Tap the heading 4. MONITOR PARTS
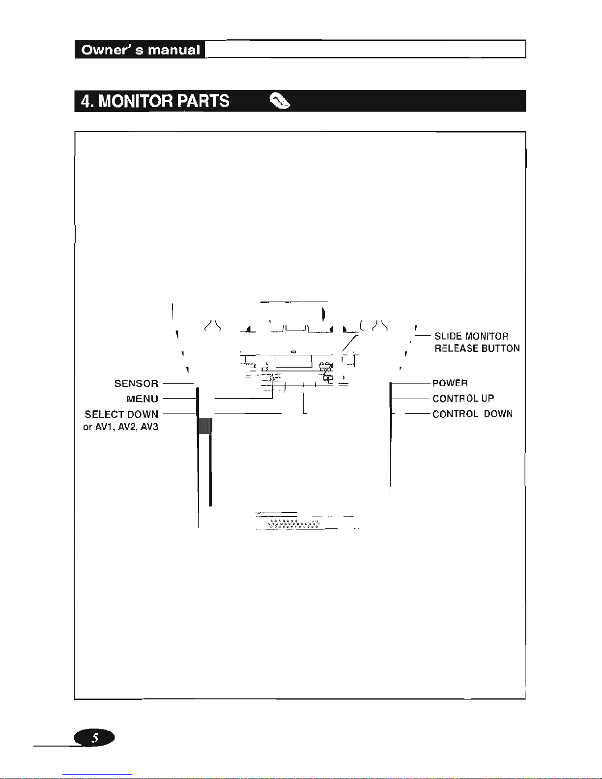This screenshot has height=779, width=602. pyautogui.click(x=155, y=101)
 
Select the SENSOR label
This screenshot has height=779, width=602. pyautogui.click(x=136, y=383)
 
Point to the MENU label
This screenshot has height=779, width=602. pyautogui.click(x=142, y=399)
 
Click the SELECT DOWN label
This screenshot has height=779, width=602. pyautogui.click(x=121, y=414)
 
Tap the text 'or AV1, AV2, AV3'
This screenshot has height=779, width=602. pyautogui.click(x=121, y=427)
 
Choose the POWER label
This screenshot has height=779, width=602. pyautogui.click(x=450, y=383)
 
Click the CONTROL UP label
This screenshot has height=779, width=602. pyautogui.click(x=463, y=399)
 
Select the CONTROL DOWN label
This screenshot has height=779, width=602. pyautogui.click(x=472, y=414)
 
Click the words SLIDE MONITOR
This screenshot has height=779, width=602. pyautogui.click(x=471, y=336)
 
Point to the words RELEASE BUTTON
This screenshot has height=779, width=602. pyautogui.click(x=477, y=348)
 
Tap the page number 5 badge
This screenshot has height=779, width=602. pyautogui.click(x=94, y=738)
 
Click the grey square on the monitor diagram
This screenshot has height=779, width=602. pyautogui.click(x=204, y=426)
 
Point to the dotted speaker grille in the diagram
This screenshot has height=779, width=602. pyautogui.click(x=294, y=523)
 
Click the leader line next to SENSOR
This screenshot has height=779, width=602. pyautogui.click(x=177, y=383)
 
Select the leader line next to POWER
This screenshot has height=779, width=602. pyautogui.click(x=411, y=383)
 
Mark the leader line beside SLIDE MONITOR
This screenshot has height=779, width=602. pyautogui.click(x=422, y=336)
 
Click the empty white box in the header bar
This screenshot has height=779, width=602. pyautogui.click(x=365, y=50)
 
